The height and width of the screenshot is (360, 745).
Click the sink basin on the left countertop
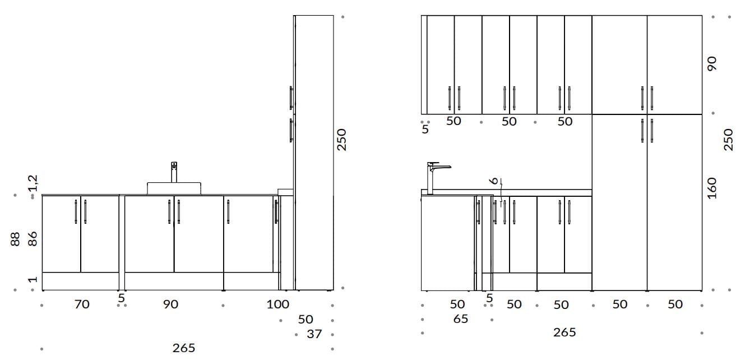click(174, 188)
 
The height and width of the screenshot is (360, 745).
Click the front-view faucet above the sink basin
click(174, 172)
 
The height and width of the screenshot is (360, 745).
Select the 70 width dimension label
click(82, 304)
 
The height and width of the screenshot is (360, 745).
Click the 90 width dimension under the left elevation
click(170, 304)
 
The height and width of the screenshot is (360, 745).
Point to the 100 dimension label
click(277, 304)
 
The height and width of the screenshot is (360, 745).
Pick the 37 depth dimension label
click(314, 334)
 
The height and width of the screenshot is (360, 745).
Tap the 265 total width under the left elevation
click(184, 348)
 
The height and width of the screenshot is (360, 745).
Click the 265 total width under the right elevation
click(564, 333)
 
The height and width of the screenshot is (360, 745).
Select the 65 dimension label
click(461, 319)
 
